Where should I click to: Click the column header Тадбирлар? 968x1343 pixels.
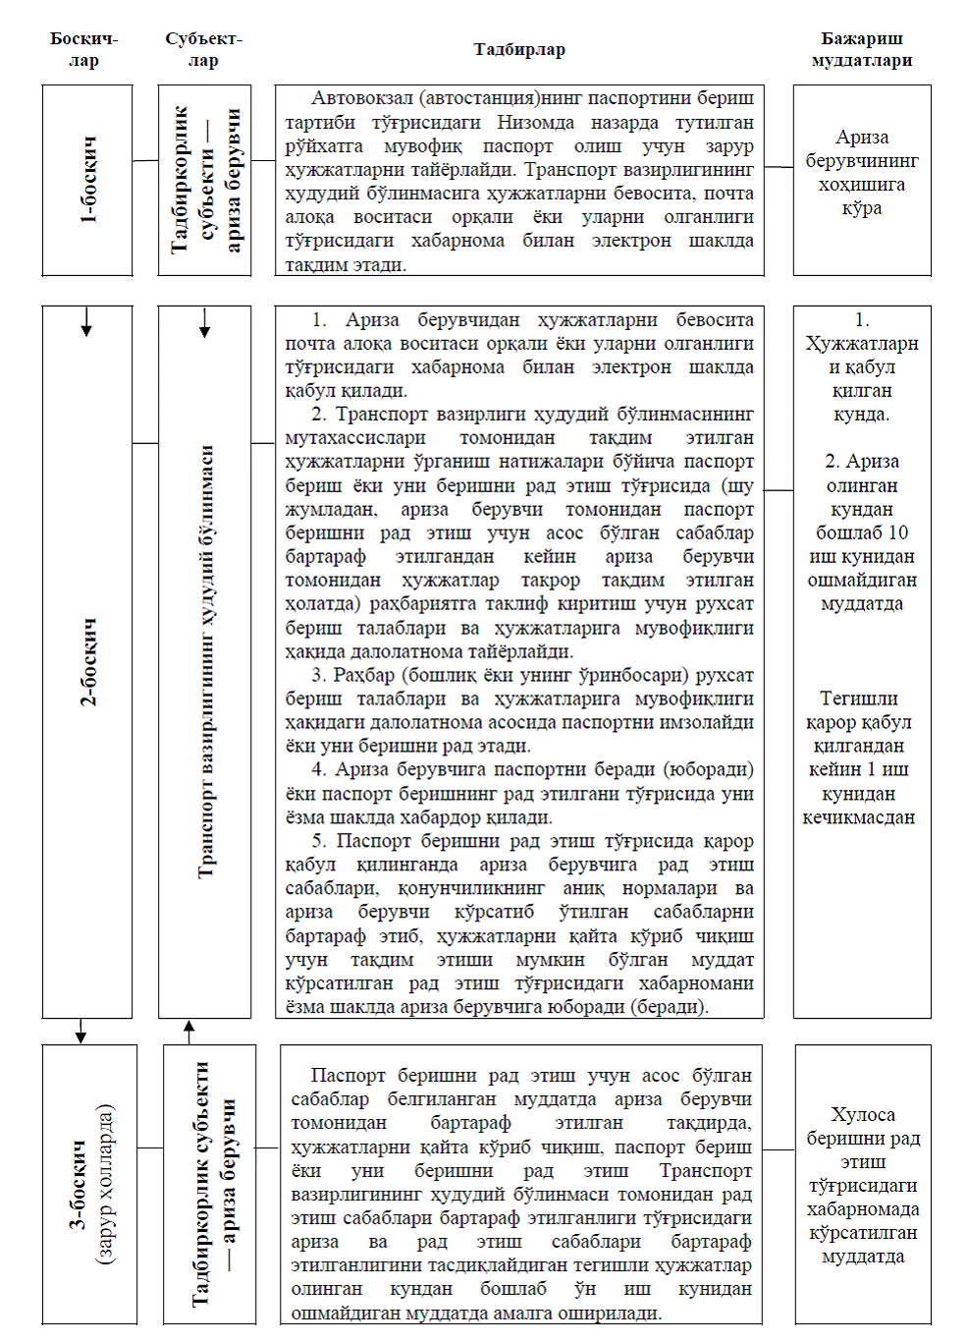point(519,50)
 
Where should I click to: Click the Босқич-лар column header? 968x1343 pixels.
point(83,50)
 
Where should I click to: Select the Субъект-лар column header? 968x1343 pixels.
point(203,50)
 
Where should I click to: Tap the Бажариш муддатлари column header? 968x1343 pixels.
point(861,50)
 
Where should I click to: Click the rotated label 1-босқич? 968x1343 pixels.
point(88,180)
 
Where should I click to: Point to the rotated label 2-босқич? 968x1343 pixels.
point(88,661)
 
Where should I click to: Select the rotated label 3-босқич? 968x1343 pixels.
point(78,1184)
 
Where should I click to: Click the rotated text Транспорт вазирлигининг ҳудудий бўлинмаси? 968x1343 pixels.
point(205,661)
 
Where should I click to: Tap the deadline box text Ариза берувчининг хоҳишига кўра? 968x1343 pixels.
point(861,173)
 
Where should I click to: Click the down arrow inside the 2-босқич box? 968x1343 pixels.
point(86,322)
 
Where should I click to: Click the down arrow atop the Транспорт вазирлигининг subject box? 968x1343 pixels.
point(204,323)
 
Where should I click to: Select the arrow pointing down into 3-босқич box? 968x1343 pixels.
point(81,1032)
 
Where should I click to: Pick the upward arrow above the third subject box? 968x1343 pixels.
point(189,1031)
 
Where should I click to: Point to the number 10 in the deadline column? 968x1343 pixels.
point(897,532)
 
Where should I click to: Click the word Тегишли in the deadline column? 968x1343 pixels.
point(858,699)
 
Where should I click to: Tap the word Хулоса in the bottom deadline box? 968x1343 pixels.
point(862,1114)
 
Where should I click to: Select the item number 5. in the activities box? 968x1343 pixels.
point(319,841)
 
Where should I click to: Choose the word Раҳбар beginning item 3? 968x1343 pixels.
point(362,675)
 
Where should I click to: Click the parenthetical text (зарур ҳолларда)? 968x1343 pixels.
point(105,1184)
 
